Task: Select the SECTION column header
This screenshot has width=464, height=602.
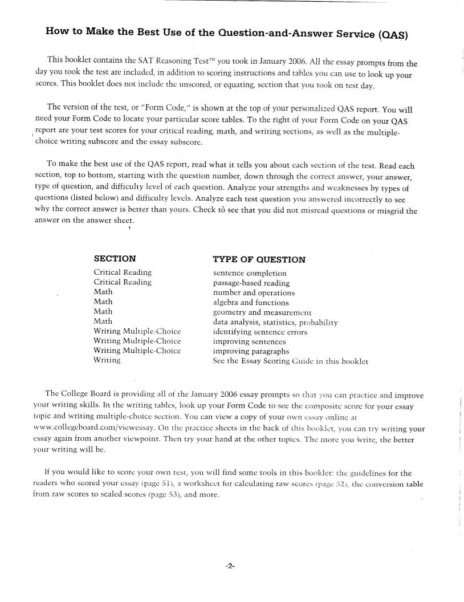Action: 115,258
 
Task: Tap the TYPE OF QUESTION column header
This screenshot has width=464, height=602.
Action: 259,259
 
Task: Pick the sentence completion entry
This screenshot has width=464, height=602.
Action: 250,273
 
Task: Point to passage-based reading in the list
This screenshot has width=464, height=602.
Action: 251,283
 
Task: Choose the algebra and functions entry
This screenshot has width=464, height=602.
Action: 251,302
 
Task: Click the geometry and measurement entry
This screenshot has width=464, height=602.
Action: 262,312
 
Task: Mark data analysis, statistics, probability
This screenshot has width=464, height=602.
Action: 275,322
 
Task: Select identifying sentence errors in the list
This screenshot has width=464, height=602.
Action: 260,331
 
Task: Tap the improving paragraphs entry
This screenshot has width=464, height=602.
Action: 251,351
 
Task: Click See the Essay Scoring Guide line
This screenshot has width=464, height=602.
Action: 291,361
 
